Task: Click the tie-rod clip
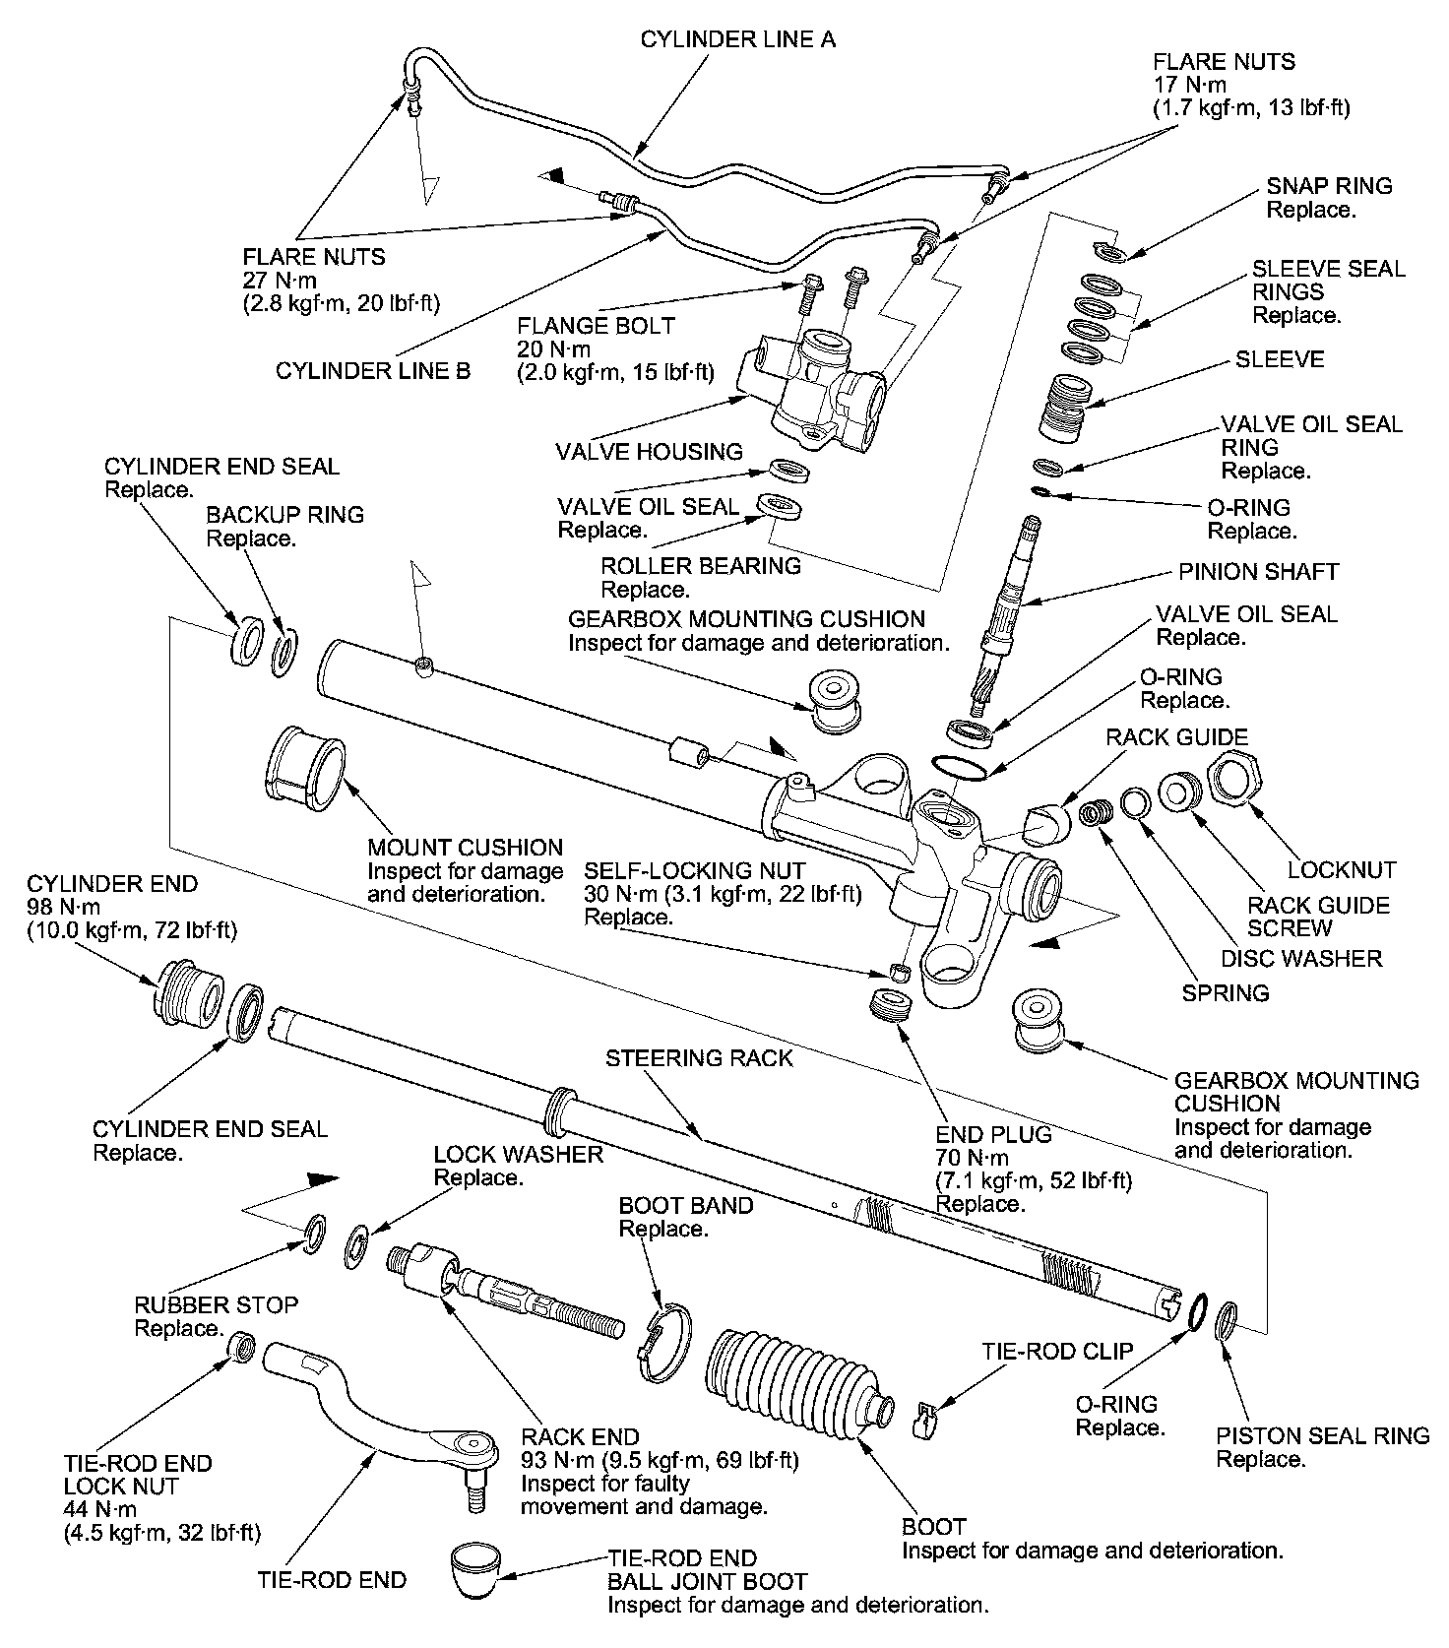(x=925, y=1419)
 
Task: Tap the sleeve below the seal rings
(x=1064, y=408)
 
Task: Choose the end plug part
(x=893, y=1005)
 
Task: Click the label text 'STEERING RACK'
(x=699, y=1058)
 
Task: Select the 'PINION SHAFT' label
(x=1258, y=572)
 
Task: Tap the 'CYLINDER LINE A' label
(x=737, y=39)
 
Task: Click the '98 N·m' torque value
(x=64, y=907)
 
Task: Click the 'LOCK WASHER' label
(x=518, y=1154)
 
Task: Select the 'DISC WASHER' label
(x=1301, y=958)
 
